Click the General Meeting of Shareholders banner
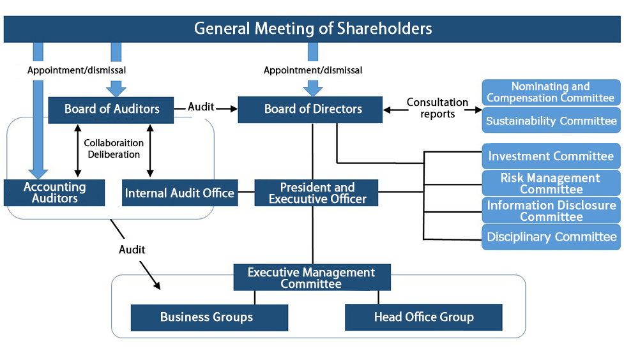click(x=312, y=29)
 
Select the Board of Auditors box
click(x=112, y=109)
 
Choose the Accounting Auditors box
click(x=54, y=193)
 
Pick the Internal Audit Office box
click(x=179, y=193)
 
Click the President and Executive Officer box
click(x=317, y=193)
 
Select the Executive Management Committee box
click(x=311, y=278)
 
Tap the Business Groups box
click(x=206, y=317)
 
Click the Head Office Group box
click(x=423, y=317)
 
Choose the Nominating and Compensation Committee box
click(x=551, y=92)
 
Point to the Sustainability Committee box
click(x=551, y=121)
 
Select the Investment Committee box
click(x=551, y=156)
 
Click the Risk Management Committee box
click(x=551, y=183)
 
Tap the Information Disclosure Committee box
click(x=551, y=211)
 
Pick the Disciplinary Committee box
click(x=551, y=237)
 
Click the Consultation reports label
click(x=438, y=108)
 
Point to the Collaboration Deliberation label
click(x=114, y=149)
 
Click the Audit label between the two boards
click(x=201, y=107)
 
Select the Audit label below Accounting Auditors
click(x=132, y=249)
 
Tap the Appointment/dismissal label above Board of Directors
click(x=312, y=70)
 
